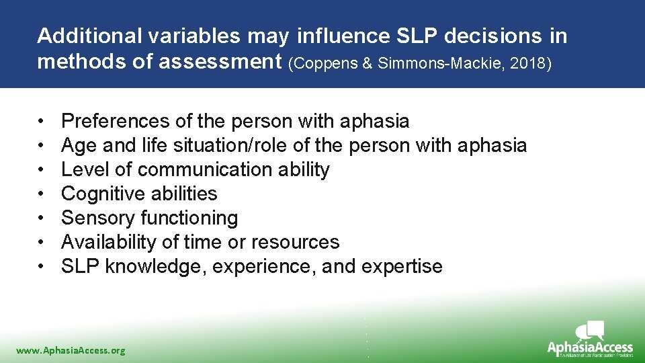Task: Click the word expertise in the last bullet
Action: coord(402,266)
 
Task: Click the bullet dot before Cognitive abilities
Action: coord(41,194)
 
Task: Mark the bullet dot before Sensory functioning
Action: coord(41,218)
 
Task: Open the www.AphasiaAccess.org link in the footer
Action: coord(71,350)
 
